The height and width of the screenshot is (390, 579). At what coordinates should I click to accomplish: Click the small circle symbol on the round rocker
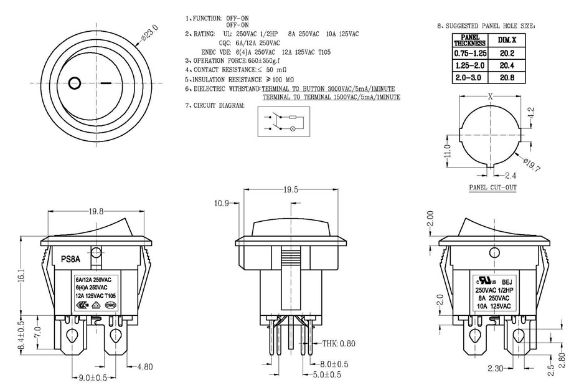[74, 82]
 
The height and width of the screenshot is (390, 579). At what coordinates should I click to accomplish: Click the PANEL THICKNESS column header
[469, 40]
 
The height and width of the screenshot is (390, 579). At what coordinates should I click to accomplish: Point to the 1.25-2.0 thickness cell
[469, 66]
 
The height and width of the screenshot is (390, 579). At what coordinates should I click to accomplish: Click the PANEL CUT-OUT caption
[492, 187]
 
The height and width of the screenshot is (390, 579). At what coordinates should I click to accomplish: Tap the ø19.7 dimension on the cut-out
[533, 165]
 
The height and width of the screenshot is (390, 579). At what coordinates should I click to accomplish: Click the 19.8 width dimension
[96, 212]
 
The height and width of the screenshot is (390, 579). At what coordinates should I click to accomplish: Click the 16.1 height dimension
[19, 274]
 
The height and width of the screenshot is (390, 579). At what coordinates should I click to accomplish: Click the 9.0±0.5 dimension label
[94, 378]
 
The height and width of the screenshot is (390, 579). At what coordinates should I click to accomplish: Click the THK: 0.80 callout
[339, 344]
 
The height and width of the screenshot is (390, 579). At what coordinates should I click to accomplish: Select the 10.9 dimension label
[221, 203]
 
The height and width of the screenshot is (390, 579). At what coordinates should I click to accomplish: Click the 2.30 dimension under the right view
[496, 369]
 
